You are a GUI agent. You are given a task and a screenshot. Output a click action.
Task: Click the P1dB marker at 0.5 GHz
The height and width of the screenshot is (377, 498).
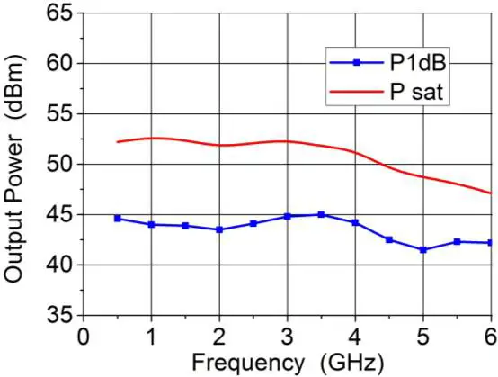point(118,219)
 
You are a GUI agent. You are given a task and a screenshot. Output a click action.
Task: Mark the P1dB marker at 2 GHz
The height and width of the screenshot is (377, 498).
point(219,229)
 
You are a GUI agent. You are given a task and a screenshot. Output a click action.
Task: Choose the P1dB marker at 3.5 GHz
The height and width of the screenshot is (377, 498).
point(321,214)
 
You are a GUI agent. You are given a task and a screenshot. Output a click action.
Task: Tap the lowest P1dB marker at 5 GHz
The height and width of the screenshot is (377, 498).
point(422,249)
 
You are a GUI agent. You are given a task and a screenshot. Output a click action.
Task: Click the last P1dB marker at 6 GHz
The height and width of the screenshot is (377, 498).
point(490,242)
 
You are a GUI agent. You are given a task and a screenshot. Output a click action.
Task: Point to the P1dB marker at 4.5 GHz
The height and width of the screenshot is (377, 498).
point(388,239)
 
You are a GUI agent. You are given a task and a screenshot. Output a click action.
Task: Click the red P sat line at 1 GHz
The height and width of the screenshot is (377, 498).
point(151,138)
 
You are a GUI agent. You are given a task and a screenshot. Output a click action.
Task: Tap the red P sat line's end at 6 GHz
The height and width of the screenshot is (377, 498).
point(490,193)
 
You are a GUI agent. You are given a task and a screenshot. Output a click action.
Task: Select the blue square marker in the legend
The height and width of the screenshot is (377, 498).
point(355,63)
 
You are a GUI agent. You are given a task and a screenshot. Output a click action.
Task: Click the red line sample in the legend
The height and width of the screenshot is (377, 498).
point(355,91)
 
